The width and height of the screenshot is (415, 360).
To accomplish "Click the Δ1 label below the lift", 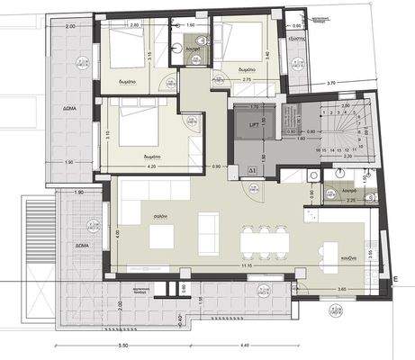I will point(253,168).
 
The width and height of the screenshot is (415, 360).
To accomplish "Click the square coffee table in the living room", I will point(162,237).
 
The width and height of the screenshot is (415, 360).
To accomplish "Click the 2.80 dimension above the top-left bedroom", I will point(134,25).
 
